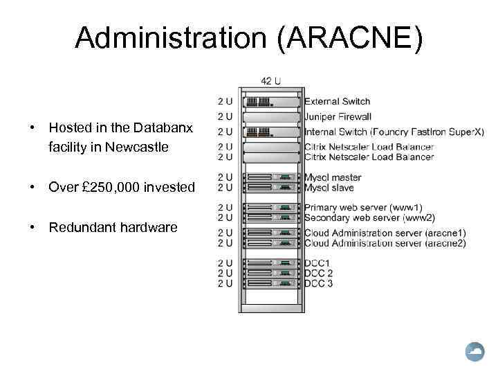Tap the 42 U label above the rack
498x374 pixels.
tap(271, 80)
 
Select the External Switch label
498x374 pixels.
tap(338, 102)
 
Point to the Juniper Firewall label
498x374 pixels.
tap(338, 116)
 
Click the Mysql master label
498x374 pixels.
tap(333, 178)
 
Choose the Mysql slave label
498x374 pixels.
tap(329, 188)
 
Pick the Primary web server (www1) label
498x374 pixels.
tap(363, 207)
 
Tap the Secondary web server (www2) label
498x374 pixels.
tap(369, 217)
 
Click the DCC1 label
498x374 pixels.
tap(318, 263)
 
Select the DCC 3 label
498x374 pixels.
tap(319, 283)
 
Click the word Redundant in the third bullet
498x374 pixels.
tap(80, 227)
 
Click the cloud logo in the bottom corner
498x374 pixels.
tap(476, 353)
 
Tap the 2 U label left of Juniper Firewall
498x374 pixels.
tap(225, 116)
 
